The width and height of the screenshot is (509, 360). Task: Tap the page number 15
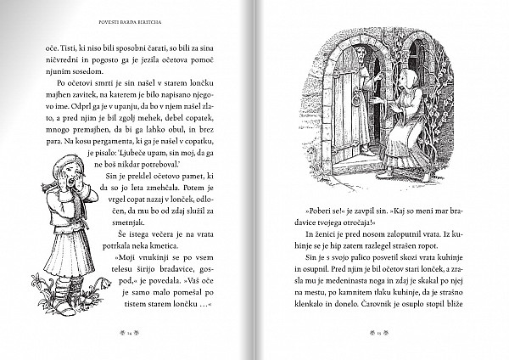point(379,336)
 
